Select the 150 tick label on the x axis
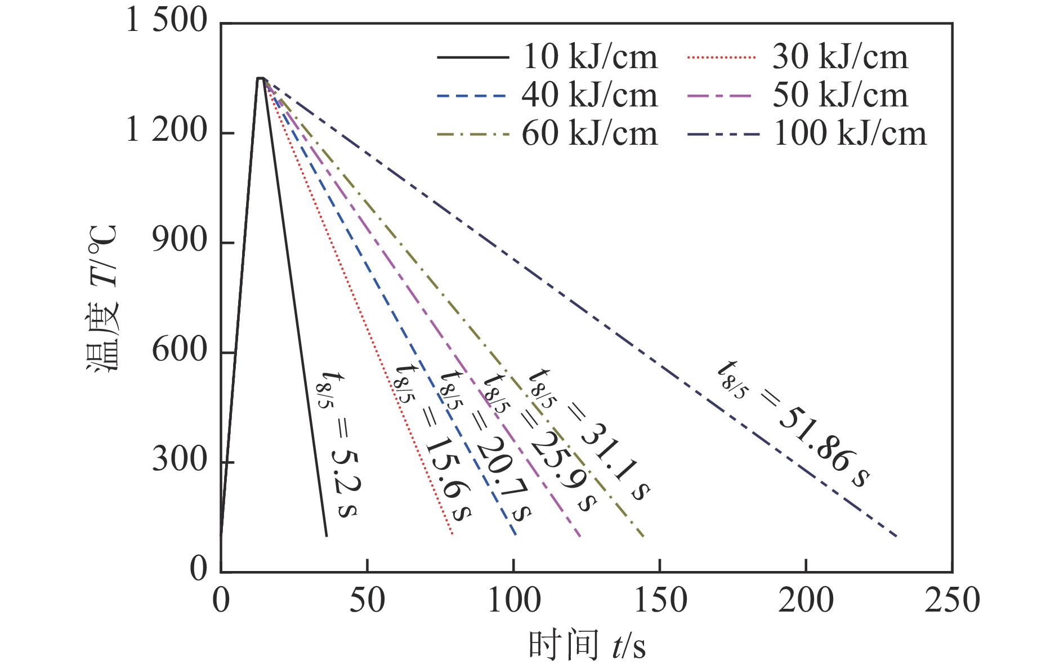(660, 600)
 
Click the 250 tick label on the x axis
(952, 600)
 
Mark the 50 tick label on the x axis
(367, 600)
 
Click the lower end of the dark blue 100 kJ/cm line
(896, 536)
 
